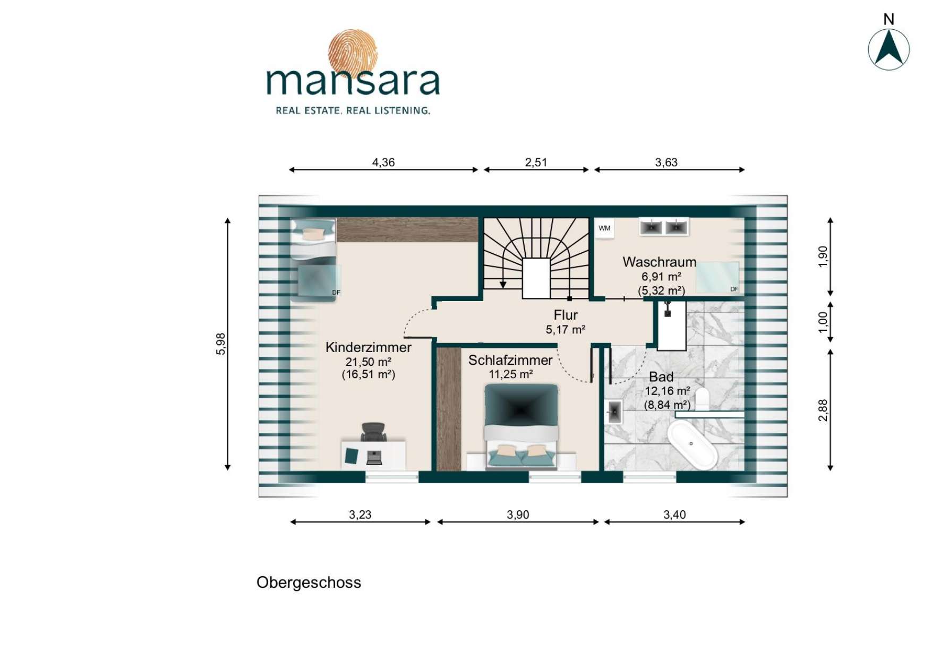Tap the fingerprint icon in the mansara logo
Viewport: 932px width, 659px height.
(x=353, y=53)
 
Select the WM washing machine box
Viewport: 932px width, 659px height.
(x=604, y=228)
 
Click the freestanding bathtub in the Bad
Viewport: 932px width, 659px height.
(x=691, y=444)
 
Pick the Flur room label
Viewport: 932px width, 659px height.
(x=566, y=315)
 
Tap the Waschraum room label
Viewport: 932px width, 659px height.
(x=660, y=262)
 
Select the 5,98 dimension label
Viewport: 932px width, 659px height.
(x=221, y=344)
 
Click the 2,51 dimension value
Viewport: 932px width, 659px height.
(x=536, y=162)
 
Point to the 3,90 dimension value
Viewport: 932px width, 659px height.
(x=518, y=515)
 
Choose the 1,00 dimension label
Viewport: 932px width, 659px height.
(x=823, y=322)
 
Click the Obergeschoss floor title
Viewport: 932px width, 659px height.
(x=309, y=583)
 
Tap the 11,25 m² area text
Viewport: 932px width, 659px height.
(x=511, y=374)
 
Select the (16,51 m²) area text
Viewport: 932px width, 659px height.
(x=369, y=374)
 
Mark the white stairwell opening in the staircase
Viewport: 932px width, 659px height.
(x=536, y=278)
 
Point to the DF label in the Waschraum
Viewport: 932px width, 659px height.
(x=734, y=289)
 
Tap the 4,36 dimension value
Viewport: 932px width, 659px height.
(x=383, y=162)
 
